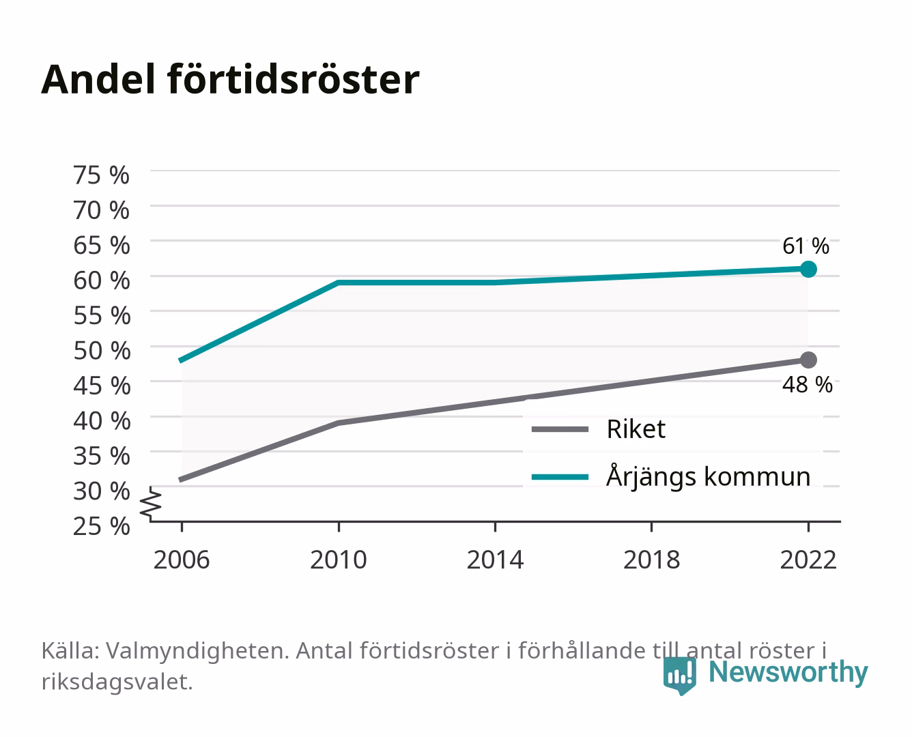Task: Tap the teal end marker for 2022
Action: pos(808,269)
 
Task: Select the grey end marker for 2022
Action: pos(808,360)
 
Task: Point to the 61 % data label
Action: pos(806,246)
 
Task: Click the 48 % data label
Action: pos(807,384)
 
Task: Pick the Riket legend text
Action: pos(636,429)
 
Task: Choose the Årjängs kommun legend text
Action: pos(708,476)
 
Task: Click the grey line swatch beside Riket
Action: pos(560,429)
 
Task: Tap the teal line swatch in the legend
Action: pos(560,477)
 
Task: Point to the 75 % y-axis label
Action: pos(101,175)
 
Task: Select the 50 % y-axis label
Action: pos(102,351)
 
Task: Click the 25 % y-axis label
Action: pos(101,526)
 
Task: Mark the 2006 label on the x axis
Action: pos(182,560)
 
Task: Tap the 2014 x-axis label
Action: pos(495,560)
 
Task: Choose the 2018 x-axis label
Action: pos(651,560)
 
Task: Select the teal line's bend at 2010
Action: pos(339,283)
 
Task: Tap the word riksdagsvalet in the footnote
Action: pos(117,682)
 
